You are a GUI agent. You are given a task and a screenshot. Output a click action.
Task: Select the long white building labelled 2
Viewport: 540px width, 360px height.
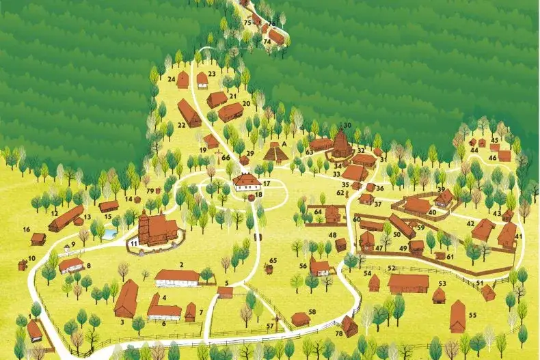(177, 277)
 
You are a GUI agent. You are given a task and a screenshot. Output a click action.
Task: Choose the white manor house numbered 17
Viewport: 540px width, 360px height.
(246, 181)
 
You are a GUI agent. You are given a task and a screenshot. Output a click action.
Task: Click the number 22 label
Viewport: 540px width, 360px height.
(181, 126)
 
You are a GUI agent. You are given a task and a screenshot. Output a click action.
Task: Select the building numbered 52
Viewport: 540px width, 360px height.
(408, 283)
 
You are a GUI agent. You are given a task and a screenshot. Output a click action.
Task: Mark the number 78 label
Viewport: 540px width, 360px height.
(339, 333)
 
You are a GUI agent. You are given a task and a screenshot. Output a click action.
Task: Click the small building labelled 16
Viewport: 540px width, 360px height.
(38, 238)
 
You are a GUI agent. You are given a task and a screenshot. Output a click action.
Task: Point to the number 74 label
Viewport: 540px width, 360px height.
(267, 42)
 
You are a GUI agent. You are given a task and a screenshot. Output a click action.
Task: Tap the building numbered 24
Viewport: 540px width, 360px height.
(183, 81)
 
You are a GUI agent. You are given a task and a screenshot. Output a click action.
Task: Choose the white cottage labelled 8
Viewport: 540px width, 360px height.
(71, 264)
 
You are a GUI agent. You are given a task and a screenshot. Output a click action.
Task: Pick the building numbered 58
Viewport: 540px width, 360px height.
(300, 319)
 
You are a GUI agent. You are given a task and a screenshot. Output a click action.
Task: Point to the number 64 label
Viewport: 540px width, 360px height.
(318, 212)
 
